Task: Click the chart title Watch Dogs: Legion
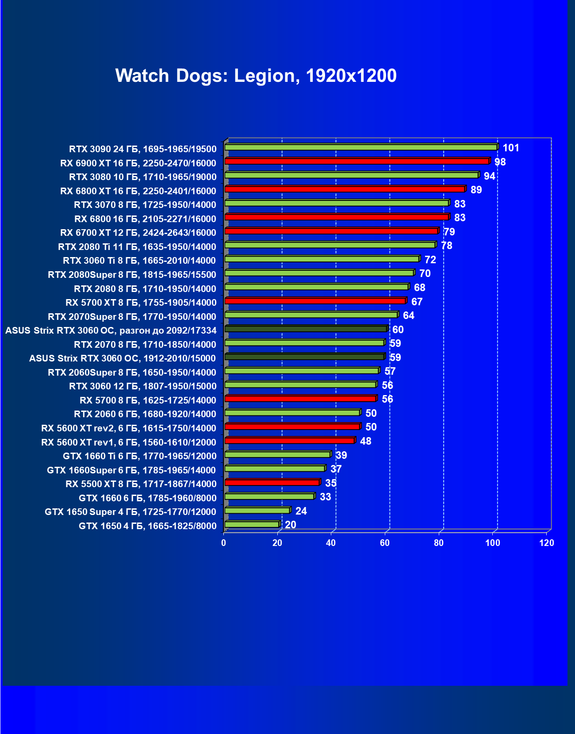click(256, 76)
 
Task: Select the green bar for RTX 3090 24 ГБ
click(360, 147)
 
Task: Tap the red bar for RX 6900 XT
click(356, 161)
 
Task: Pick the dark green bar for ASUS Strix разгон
click(306, 329)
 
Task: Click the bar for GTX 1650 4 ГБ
click(252, 524)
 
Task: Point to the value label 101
click(511, 148)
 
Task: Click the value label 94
click(489, 176)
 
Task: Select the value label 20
click(291, 525)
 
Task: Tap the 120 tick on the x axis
click(547, 543)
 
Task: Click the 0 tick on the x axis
click(224, 543)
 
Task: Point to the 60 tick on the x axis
click(385, 543)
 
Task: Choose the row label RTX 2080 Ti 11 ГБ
click(137, 246)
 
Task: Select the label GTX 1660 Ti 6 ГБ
click(140, 456)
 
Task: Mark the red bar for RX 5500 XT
click(272, 482)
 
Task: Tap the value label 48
click(366, 441)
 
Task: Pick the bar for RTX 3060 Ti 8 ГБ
click(322, 259)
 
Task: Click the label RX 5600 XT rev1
click(129, 442)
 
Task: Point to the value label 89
click(476, 190)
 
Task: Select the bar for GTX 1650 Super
click(257, 510)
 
